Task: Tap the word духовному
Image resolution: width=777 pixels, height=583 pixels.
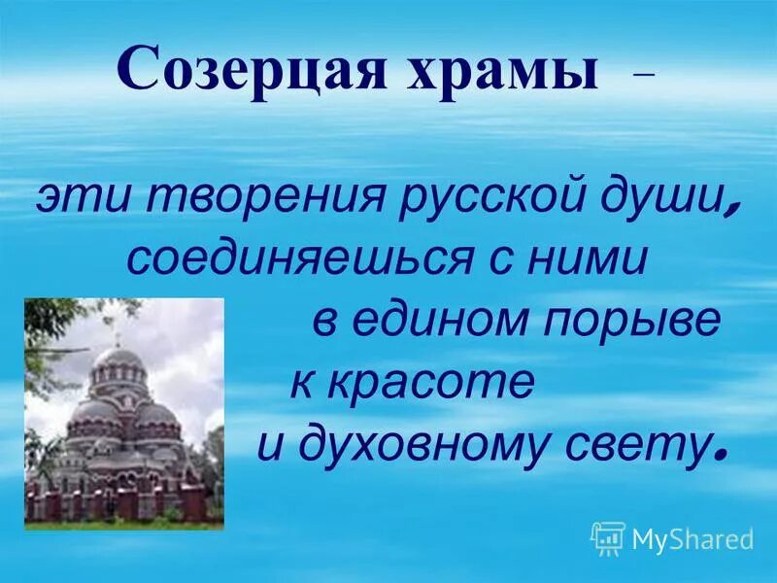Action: click(439, 444)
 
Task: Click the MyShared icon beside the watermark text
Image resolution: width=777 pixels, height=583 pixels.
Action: click(608, 537)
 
